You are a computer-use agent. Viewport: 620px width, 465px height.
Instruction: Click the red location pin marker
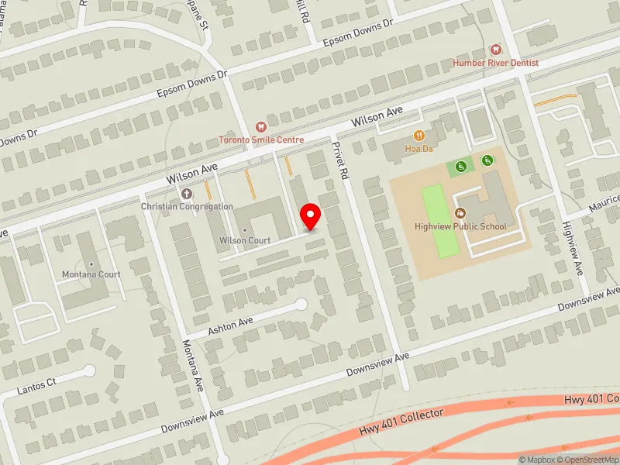pyautogui.click(x=311, y=216)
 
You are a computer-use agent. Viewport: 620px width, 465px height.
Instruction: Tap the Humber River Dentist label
pyautogui.click(x=496, y=62)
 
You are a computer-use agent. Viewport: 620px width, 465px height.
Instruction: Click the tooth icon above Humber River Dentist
pyautogui.click(x=496, y=49)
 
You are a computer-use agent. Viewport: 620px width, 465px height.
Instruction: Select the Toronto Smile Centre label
pyautogui.click(x=261, y=139)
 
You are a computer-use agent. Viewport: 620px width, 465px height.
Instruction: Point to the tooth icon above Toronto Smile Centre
pyautogui.click(x=261, y=126)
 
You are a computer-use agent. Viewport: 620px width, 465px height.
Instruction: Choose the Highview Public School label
pyautogui.click(x=460, y=226)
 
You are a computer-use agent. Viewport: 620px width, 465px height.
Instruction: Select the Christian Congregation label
pyautogui.click(x=187, y=206)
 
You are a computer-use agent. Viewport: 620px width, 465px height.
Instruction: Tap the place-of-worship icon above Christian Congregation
pyautogui.click(x=186, y=194)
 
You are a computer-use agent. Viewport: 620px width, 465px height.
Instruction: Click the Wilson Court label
pyautogui.click(x=245, y=240)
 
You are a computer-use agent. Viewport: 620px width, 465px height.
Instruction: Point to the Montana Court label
pyautogui.click(x=91, y=274)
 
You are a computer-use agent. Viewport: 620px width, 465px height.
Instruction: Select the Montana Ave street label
pyautogui.click(x=192, y=364)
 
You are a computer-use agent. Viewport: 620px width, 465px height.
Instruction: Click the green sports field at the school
pyautogui.click(x=439, y=221)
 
